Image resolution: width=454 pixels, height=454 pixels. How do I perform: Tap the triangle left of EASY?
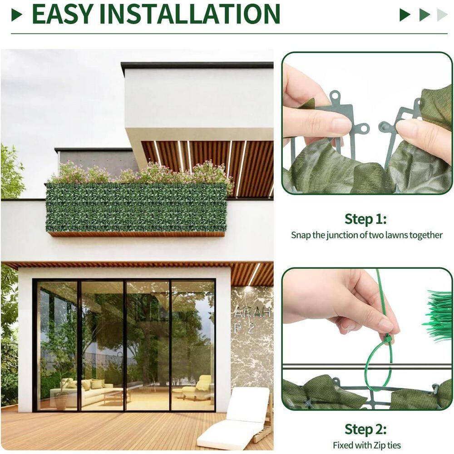click(17, 15)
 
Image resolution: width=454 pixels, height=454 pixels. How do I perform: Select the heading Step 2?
click(365, 429)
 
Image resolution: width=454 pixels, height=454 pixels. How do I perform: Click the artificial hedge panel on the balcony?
click(136, 207)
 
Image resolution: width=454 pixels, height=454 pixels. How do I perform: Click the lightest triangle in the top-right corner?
click(442, 15)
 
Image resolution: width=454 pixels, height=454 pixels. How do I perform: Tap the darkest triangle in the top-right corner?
click(405, 15)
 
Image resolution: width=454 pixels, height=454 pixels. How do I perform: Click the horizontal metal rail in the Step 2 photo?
click(327, 366)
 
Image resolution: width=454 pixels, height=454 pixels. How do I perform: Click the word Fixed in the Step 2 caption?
click(343, 445)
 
